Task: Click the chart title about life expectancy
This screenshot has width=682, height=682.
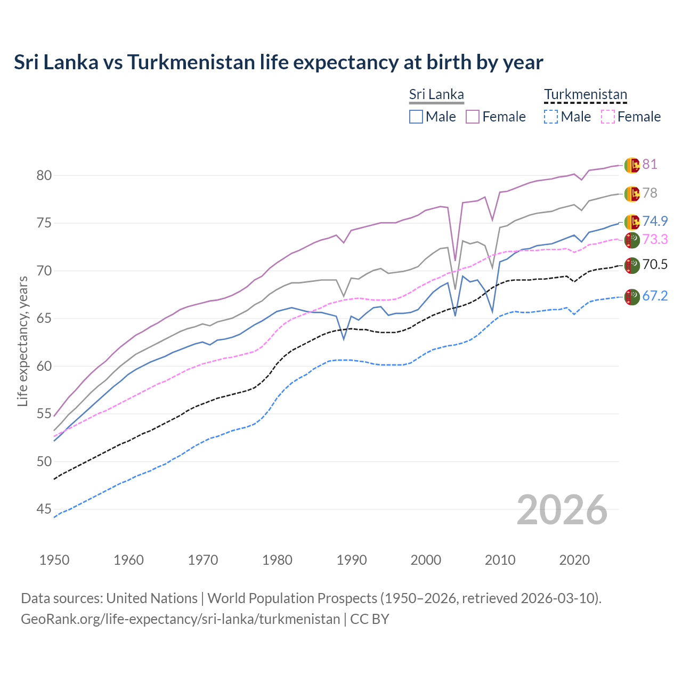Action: [x=278, y=62]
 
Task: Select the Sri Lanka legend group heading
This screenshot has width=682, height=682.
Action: [x=436, y=94]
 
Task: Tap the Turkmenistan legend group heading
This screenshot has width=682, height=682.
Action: [x=585, y=94]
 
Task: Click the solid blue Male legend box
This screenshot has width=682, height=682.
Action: [x=416, y=117]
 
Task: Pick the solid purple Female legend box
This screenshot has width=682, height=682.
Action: [x=473, y=117]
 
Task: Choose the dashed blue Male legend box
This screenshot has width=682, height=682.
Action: [x=551, y=117]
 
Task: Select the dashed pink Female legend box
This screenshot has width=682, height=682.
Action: [x=608, y=117]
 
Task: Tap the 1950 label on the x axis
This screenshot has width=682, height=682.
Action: [x=54, y=560]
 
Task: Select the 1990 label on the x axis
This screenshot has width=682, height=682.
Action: [x=352, y=560]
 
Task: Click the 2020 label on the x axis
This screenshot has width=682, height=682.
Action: [x=574, y=560]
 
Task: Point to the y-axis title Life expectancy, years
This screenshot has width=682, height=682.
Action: [x=22, y=341]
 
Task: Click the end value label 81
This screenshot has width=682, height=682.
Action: [x=649, y=165]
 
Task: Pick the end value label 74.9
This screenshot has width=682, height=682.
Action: [x=655, y=222]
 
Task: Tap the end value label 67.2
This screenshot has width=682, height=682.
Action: [x=655, y=296]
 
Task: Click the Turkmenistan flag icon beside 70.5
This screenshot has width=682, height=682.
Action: [x=632, y=265]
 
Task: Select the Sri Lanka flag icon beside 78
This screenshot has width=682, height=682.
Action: [x=632, y=193]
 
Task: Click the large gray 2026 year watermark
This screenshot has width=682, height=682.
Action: [x=562, y=510]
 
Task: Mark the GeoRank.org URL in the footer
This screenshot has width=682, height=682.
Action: [x=180, y=619]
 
